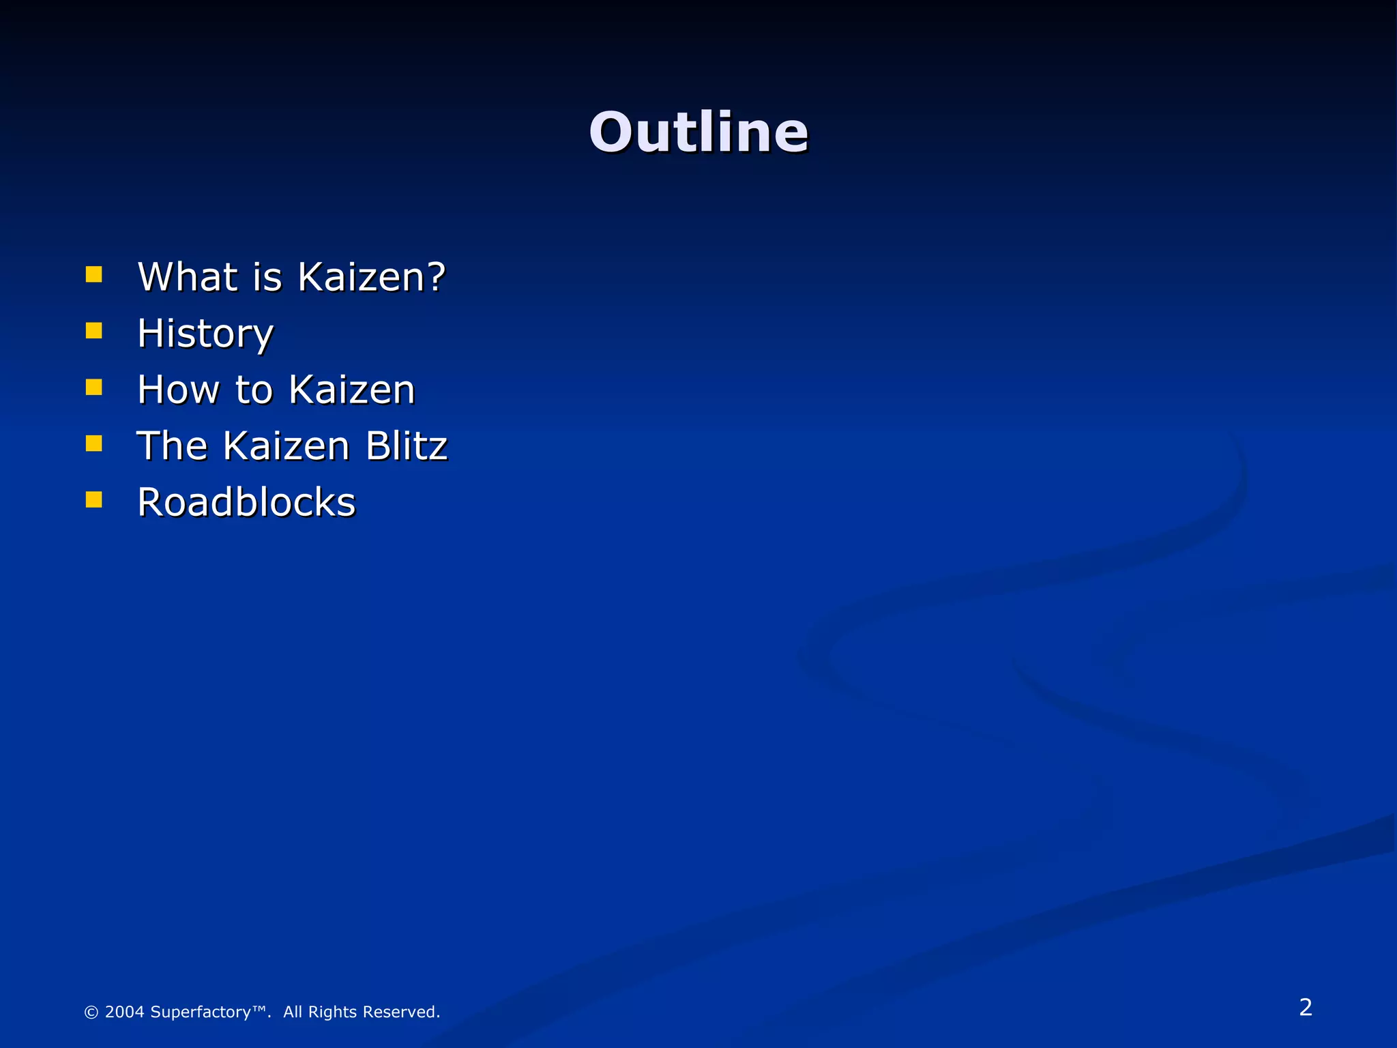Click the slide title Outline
[698, 132]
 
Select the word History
[205, 334]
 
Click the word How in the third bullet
[178, 390]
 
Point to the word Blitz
[407, 446]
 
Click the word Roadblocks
[246, 503]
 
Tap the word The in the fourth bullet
[172, 446]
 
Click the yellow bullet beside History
[94, 331]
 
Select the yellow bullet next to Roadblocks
[94, 500]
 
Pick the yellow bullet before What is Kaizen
[94, 274]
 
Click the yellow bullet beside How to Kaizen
[94, 388]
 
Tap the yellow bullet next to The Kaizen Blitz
[94, 444]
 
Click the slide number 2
[1306, 1007]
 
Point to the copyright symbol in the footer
[91, 1013]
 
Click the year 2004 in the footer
[125, 1012]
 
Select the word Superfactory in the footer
[201, 1012]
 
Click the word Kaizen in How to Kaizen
[351, 390]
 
